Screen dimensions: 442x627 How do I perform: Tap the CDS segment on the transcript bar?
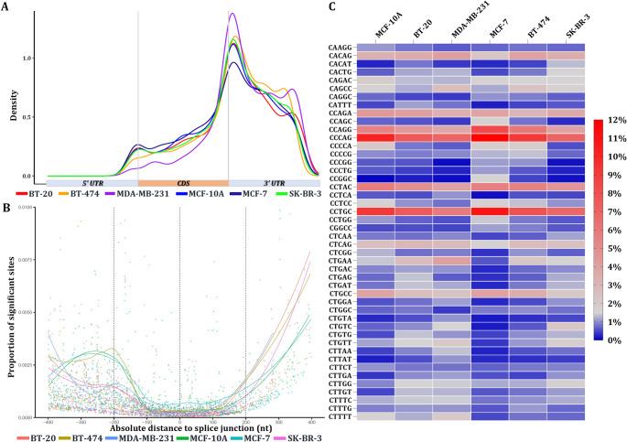[x=182, y=184]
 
